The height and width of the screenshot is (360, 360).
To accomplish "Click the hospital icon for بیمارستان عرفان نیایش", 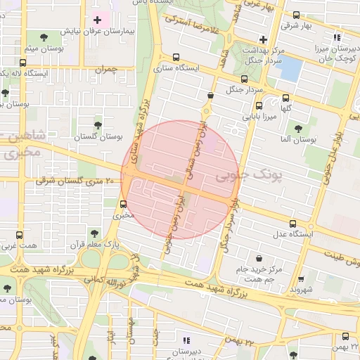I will pyautogui.click(x=97, y=20).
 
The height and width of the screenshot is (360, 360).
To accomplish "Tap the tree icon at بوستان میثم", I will pyautogui.click(x=44, y=37).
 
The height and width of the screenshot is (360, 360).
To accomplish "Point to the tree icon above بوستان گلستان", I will pyautogui.click(x=98, y=124).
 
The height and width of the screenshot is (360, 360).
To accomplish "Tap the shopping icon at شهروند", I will pyautogui.click(x=302, y=279).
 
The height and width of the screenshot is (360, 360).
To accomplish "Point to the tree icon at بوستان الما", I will pyautogui.click(x=299, y=129).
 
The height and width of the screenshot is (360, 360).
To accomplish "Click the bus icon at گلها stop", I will pyautogui.click(x=285, y=98).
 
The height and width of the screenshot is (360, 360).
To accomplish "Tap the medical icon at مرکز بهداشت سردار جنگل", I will pyautogui.click(x=264, y=39).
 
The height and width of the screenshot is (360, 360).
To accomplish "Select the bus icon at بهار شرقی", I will pyautogui.click(x=295, y=14).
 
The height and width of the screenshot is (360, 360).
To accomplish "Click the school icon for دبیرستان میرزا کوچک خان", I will pyautogui.click(x=337, y=37).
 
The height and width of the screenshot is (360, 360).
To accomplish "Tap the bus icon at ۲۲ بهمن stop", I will pyautogui.click(x=346, y=336).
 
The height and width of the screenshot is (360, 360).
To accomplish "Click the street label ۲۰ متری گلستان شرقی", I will pyautogui.click(x=67, y=182).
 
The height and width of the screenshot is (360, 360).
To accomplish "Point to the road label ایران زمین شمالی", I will pyautogui.click(x=188, y=158).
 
